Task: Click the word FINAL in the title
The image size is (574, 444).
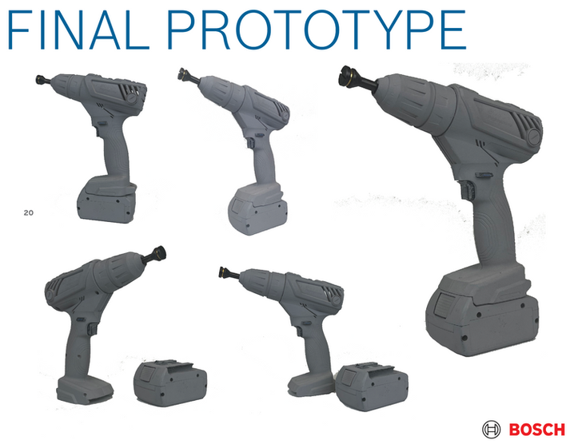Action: pos(78,30)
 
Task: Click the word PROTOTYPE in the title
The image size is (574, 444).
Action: pos(317,30)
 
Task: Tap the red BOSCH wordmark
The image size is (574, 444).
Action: pos(537,429)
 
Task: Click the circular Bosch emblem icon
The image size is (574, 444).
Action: pos(492,429)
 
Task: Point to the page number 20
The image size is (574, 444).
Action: pos(29,212)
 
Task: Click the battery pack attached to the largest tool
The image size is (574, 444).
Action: pos(483,312)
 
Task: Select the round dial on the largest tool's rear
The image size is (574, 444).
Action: pos(534,137)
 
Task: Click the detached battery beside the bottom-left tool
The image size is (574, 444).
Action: pos(170,383)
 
